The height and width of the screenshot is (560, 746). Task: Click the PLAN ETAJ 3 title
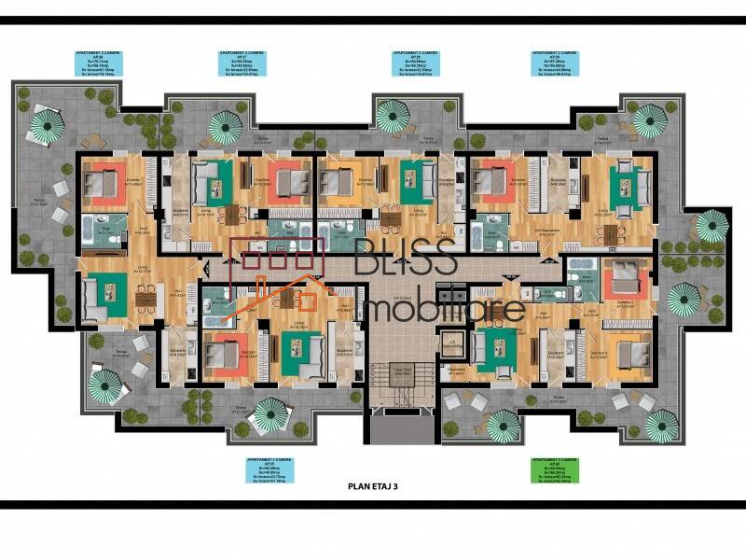pos(373,486)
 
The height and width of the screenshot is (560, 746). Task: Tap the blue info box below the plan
pos(269,470)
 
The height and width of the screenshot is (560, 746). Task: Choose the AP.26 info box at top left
pos(102,63)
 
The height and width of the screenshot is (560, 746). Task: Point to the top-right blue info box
pos(553,63)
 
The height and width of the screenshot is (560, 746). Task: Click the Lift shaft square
pos(451,344)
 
